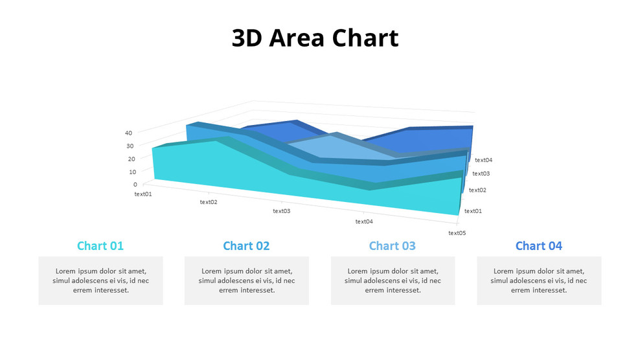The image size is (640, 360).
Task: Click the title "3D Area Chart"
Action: [315, 38]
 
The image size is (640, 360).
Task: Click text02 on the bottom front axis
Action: [209, 202]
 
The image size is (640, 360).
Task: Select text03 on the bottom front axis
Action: [282, 211]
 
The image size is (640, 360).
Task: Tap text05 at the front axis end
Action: [457, 233]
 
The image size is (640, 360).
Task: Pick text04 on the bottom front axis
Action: [364, 221]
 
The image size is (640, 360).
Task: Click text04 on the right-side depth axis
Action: [483, 160]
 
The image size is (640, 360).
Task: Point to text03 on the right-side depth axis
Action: [481, 174]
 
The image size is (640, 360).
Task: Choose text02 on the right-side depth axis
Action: [477, 190]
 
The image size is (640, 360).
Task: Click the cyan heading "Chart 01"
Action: [100, 246]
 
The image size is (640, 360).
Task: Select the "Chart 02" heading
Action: [246, 246]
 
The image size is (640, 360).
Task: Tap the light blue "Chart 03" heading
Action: [393, 246]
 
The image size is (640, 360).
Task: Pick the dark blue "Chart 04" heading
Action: [539, 246]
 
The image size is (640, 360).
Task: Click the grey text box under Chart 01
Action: [100, 281]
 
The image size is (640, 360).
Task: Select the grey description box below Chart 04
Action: [539, 281]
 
